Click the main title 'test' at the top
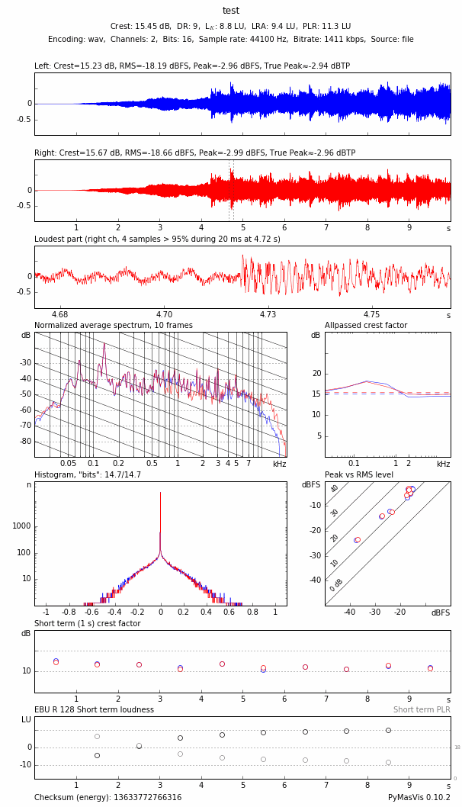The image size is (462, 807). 231,11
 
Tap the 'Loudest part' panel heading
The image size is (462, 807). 157,240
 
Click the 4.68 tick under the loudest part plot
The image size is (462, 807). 59,314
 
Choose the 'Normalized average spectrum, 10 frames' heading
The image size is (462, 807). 113,326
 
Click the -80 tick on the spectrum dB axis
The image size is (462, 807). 26,442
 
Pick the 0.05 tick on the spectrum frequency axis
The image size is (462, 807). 69,464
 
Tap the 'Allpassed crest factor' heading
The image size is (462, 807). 366,326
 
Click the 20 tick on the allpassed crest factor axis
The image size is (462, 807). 316,374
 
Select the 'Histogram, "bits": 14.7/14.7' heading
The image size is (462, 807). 88,475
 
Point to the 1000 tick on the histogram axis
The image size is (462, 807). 21,526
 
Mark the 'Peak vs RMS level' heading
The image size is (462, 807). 359,475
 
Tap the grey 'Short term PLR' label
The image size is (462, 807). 422,710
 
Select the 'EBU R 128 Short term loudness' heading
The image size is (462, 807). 94,710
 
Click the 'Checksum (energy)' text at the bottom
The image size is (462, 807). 107,798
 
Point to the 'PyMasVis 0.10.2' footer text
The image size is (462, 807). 419,798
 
